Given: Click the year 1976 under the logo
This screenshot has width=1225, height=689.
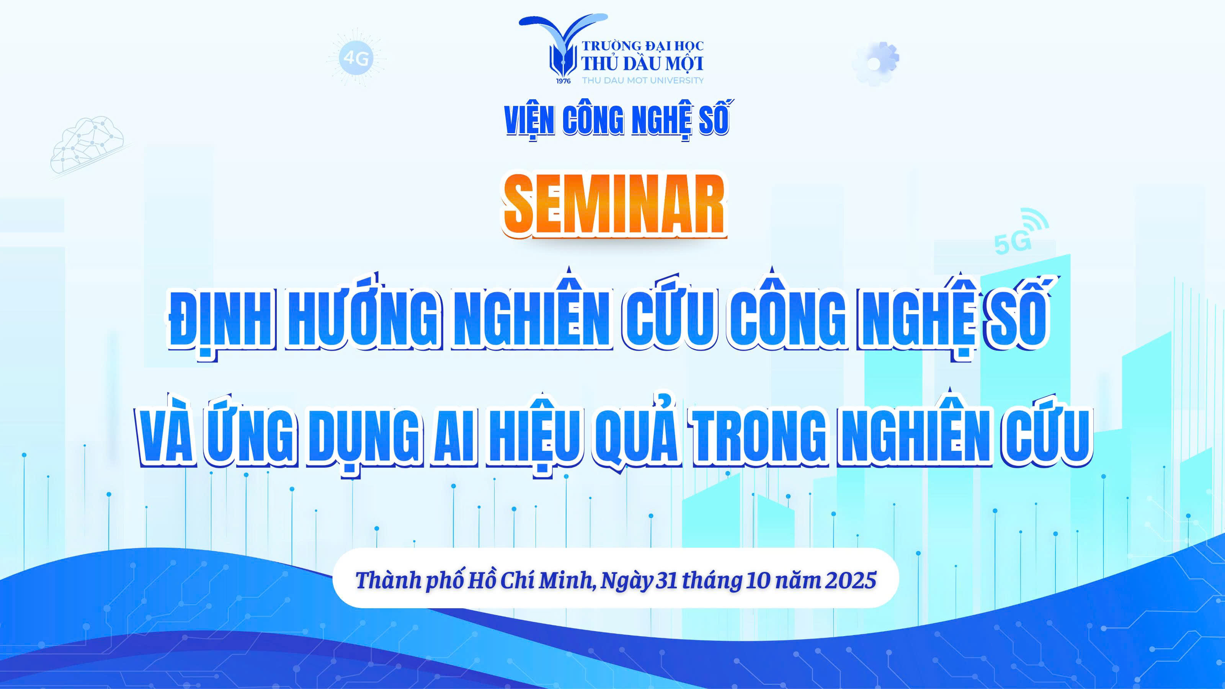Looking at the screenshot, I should point(563,80).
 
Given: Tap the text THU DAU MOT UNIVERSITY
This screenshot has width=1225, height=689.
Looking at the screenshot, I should point(642,80).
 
